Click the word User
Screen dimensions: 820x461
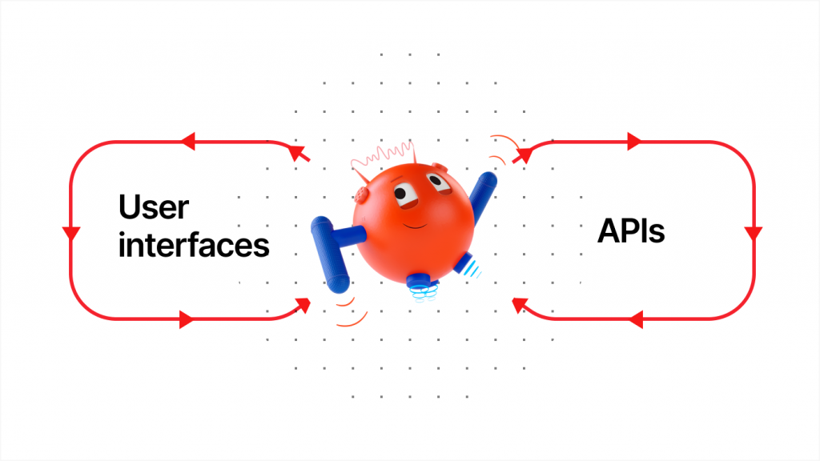(x=154, y=207)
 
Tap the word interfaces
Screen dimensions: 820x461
(x=194, y=245)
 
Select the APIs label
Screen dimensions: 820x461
(x=631, y=230)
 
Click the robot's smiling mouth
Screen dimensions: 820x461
(x=414, y=226)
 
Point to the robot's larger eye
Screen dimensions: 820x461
(x=404, y=194)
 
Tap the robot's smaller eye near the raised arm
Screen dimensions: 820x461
(x=438, y=183)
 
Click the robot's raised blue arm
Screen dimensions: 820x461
(x=482, y=197)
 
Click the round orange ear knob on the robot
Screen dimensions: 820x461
(x=361, y=194)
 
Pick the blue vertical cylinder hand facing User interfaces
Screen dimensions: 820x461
(x=329, y=254)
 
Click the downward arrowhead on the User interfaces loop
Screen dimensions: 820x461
(x=71, y=234)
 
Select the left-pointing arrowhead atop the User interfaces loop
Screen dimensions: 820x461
(x=187, y=141)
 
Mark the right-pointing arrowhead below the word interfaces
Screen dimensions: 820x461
(x=187, y=319)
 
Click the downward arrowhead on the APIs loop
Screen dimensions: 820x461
(x=754, y=234)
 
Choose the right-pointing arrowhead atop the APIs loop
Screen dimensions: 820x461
(x=634, y=141)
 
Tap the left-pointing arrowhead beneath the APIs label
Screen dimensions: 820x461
(x=636, y=319)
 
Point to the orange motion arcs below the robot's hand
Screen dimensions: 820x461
(x=352, y=311)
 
